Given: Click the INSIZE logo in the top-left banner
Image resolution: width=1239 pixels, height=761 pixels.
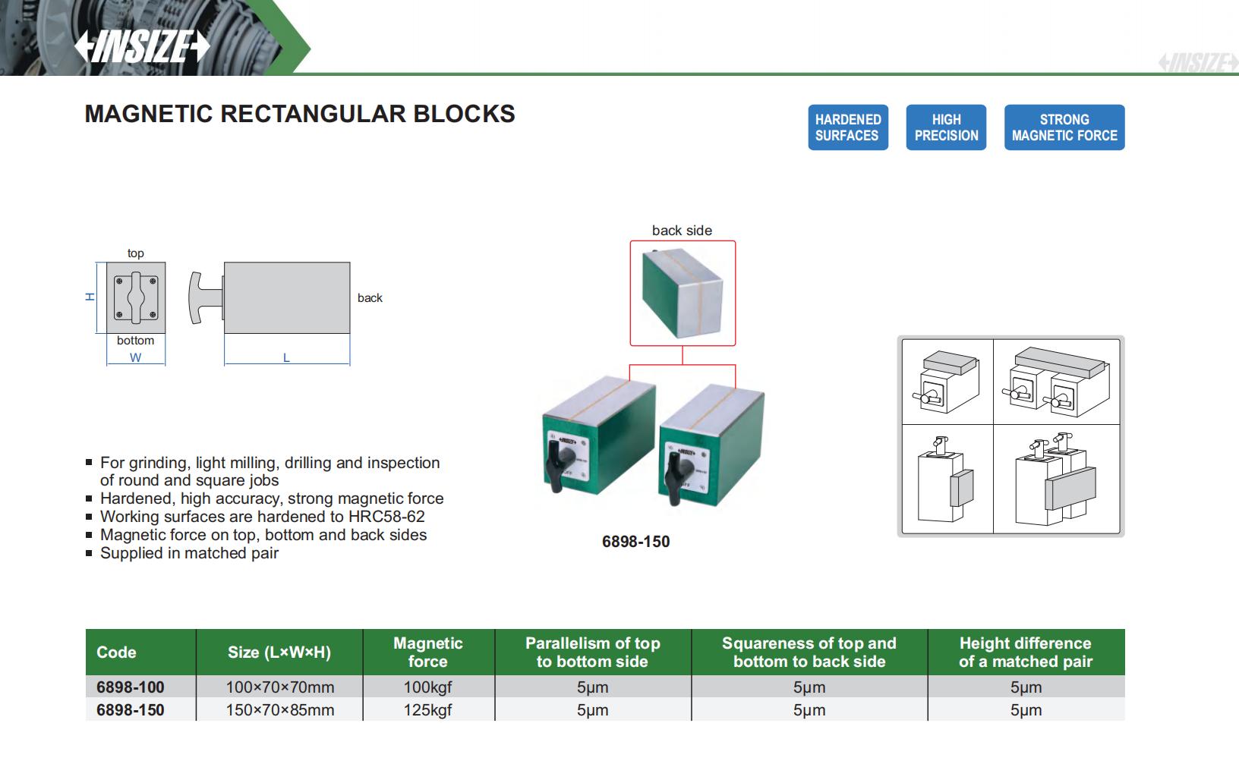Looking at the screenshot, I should [141, 46].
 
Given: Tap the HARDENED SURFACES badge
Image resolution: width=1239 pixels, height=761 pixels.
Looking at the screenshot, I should [847, 127].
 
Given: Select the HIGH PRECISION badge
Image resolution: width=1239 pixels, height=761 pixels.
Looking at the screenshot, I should [946, 127].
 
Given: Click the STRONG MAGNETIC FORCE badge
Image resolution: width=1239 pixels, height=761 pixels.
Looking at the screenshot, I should [1064, 127].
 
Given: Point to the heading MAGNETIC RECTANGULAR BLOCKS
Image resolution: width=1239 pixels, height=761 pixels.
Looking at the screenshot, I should [300, 114].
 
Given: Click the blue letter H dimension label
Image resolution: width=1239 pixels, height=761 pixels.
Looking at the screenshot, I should [90, 297].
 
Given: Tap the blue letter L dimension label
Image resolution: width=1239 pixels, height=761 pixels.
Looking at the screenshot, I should [286, 357].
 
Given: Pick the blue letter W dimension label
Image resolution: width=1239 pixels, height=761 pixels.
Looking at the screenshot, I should [135, 357].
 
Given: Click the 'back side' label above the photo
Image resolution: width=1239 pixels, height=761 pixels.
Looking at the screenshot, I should [682, 231].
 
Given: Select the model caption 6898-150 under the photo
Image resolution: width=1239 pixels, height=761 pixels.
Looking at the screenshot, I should [635, 542].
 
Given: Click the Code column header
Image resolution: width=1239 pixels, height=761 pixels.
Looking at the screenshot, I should [116, 653].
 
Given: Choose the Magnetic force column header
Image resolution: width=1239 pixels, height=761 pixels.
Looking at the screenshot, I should [428, 653].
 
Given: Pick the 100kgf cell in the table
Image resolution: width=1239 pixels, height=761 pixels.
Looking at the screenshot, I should [427, 687].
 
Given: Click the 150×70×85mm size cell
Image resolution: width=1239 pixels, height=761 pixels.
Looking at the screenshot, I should [279, 710].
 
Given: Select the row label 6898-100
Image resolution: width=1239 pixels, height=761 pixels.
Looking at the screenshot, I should [130, 687].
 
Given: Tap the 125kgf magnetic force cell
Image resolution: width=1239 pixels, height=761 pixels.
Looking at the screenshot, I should [427, 710].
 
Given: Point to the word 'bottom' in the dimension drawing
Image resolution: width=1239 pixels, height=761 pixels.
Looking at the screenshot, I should [135, 341].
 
